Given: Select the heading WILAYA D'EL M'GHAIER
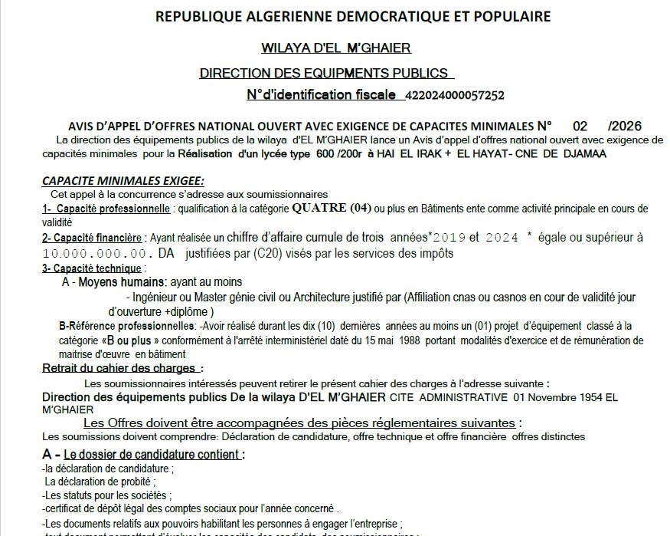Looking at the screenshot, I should (336, 48).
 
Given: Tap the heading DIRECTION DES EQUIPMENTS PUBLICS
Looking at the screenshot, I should (324, 74).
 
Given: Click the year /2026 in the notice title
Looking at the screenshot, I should (624, 127).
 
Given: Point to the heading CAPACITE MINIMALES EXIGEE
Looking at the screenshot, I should (123, 181).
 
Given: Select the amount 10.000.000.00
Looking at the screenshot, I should (95, 253).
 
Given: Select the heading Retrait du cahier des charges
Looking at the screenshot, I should (123, 369).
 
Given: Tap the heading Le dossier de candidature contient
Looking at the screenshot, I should (152, 455).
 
